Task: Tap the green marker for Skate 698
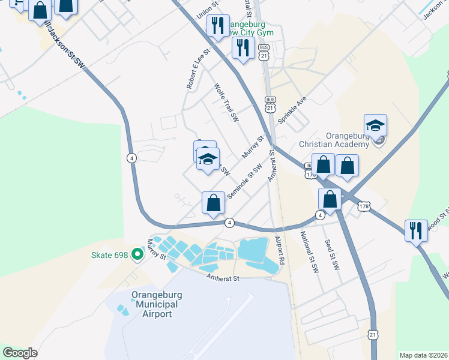tap(137, 255)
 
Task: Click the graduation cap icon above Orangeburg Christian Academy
tap(375, 125)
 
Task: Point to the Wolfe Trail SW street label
tap(227, 103)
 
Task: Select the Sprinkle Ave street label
tap(292, 109)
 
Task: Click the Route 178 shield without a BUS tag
tap(364, 206)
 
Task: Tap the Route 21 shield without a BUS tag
tap(373, 334)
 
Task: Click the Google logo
tap(20, 353)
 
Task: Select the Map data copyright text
tap(423, 355)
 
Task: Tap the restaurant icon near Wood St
tap(416, 229)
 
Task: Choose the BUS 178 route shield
tap(310, 170)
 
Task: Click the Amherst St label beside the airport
tap(223, 278)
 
